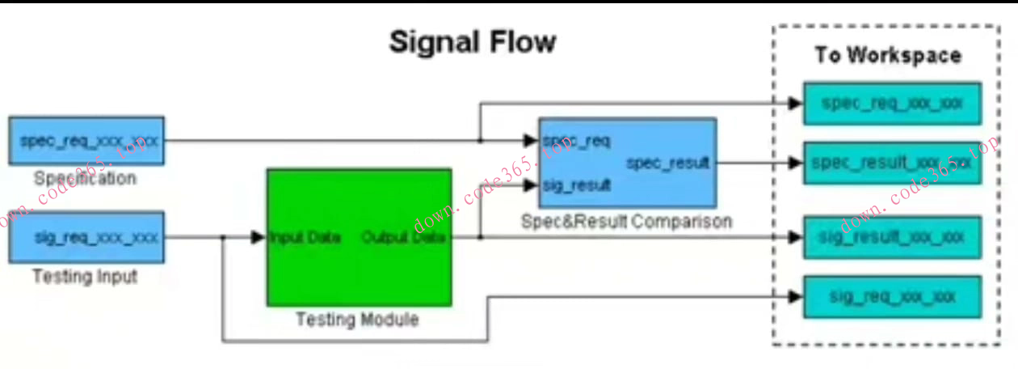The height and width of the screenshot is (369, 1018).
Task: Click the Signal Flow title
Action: coord(473,42)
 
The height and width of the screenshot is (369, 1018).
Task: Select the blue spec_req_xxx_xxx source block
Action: coord(86,140)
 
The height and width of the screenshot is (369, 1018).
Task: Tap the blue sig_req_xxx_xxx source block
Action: coord(86,237)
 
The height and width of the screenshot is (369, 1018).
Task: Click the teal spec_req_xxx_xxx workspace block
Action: coord(891,103)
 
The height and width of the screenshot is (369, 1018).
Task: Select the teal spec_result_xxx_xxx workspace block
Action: coord(891,163)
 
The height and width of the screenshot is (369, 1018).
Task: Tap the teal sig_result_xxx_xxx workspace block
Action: coord(891,237)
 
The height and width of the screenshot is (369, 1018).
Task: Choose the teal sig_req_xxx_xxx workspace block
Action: coord(891,296)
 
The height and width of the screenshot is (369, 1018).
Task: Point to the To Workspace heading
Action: coord(888,55)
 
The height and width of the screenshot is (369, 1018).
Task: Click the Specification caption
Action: coord(85,178)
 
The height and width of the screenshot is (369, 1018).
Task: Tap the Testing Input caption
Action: coord(85,276)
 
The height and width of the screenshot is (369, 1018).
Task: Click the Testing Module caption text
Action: coord(357,319)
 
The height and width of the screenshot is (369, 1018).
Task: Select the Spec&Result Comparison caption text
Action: coord(626,221)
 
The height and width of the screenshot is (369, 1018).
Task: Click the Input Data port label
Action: coord(305,238)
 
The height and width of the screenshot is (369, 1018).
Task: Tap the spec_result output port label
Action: coord(667,163)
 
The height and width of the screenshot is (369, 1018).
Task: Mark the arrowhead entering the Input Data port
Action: coord(259,238)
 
